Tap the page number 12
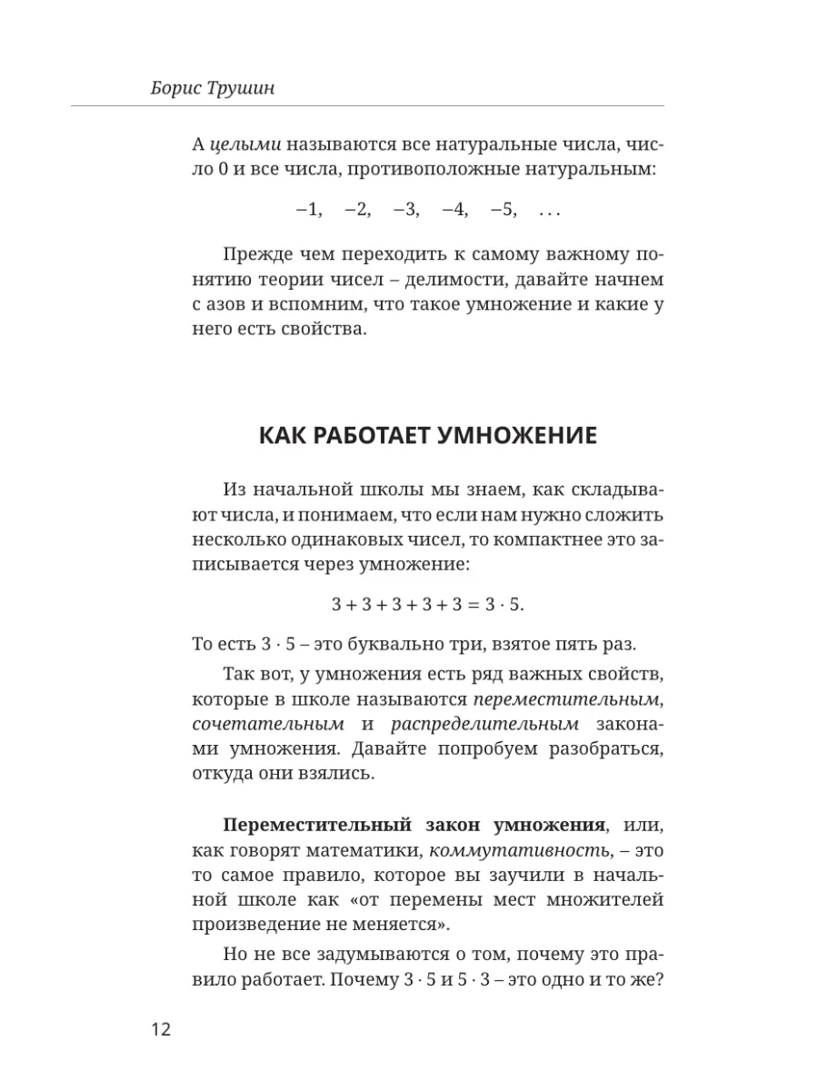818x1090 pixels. point(159,1030)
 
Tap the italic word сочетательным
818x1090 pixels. point(268,724)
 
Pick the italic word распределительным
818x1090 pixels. point(484,724)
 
